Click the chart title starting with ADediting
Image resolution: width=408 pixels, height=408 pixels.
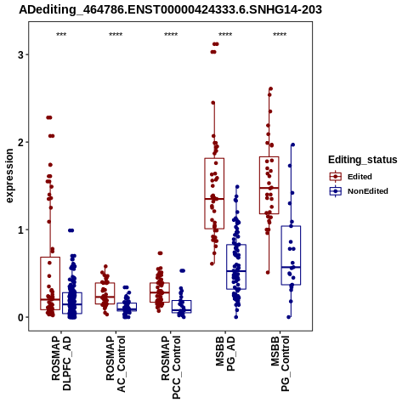[170, 9]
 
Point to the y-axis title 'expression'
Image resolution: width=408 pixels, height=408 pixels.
[9, 176]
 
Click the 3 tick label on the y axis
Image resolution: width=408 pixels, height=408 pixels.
[20, 54]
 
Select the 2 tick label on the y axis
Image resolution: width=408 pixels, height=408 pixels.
[20, 142]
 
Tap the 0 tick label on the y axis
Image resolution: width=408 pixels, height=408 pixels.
[20, 317]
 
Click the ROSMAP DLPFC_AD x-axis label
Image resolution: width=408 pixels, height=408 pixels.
[61, 363]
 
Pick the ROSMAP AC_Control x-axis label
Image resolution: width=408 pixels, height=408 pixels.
[116, 364]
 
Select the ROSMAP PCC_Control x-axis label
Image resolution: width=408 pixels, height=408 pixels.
[171, 367]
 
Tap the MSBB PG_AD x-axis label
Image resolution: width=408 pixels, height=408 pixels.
[225, 354]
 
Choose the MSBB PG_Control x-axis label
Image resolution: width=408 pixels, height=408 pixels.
[280, 364]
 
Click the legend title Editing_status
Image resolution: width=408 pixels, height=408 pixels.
[363, 160]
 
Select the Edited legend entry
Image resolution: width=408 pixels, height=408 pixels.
[351, 177]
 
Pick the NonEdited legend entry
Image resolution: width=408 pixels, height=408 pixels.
[359, 191]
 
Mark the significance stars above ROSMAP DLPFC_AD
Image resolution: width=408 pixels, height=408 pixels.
[61, 35]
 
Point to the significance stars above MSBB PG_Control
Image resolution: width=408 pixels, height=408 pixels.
[280, 35]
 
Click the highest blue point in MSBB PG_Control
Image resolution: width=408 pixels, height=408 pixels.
[293, 144]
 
